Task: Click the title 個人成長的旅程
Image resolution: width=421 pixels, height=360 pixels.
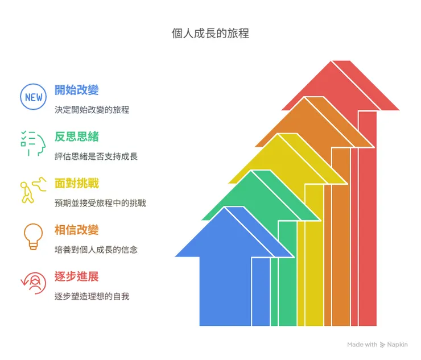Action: point(210,34)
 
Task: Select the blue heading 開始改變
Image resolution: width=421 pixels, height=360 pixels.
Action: point(77,90)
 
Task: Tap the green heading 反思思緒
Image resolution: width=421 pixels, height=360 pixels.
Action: point(77,136)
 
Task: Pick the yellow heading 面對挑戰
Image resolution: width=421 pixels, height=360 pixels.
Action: point(77,183)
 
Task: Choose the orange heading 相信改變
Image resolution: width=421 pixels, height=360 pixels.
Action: point(77,230)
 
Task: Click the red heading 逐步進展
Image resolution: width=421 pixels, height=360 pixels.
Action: point(77,277)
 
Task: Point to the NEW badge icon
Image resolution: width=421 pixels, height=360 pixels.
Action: point(34,97)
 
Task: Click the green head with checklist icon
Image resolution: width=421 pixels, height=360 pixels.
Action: point(33,144)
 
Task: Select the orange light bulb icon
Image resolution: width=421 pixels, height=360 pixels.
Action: point(34,237)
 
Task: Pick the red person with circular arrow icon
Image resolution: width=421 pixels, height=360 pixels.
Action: point(33,283)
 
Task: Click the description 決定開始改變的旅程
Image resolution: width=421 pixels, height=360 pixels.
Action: point(92,110)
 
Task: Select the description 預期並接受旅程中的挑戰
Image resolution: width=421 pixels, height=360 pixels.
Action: point(100,203)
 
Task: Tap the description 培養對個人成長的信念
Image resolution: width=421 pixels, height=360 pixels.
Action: point(96,250)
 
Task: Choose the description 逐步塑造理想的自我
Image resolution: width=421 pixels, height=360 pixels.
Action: point(92,296)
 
